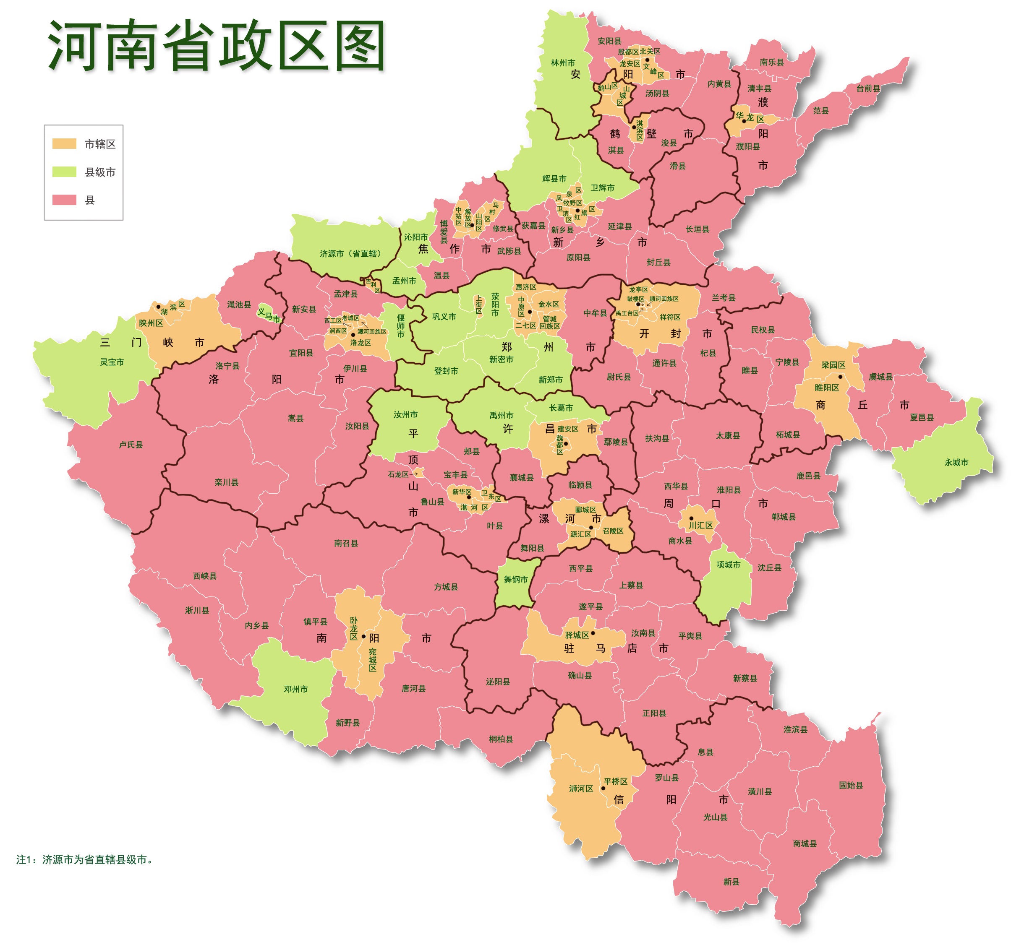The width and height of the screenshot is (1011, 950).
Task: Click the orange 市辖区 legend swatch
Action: (x=64, y=144)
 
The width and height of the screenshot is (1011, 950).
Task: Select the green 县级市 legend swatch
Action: (x=64, y=172)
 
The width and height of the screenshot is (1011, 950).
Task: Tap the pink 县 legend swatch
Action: (x=64, y=200)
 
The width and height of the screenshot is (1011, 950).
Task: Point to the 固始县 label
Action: (x=851, y=785)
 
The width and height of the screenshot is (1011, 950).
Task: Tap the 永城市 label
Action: (x=956, y=462)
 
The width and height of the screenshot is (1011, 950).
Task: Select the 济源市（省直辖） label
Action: (x=351, y=254)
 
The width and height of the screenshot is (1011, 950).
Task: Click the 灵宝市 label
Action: (x=112, y=362)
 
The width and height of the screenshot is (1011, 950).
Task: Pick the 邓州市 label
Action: (x=295, y=689)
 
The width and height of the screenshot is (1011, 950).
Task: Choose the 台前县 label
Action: (x=868, y=88)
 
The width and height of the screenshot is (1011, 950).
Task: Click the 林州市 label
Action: (x=563, y=63)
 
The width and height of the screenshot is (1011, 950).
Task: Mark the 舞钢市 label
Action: (x=516, y=580)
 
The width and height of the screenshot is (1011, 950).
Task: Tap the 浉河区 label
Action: (x=581, y=789)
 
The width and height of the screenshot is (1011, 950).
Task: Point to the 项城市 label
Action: (x=728, y=565)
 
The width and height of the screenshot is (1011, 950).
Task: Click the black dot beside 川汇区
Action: (x=691, y=518)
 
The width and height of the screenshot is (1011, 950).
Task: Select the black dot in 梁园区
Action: (x=840, y=377)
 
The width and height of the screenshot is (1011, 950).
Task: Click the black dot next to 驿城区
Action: (x=593, y=633)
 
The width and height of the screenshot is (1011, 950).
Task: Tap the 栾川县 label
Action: (x=226, y=482)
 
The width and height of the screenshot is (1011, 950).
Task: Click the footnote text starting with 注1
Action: (x=84, y=859)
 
